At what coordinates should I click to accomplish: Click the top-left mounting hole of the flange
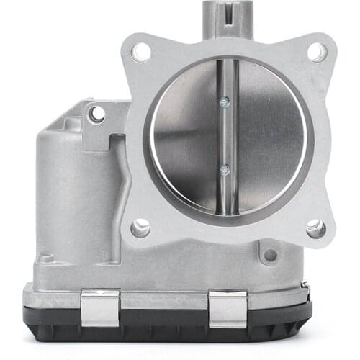tap(142, 52)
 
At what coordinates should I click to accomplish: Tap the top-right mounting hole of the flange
tap(316, 52)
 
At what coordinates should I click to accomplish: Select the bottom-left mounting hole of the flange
tap(141, 228)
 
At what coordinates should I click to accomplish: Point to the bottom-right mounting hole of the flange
tap(315, 229)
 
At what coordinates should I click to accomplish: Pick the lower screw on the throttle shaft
tap(225, 170)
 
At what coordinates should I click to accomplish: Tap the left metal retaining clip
tap(100, 307)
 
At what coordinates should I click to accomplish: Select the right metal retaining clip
tap(228, 308)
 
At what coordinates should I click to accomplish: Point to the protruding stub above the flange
tap(228, 18)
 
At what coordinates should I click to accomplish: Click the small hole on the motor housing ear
tap(96, 114)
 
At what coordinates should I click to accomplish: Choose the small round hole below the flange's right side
tap(270, 255)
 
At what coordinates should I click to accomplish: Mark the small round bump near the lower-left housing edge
tap(46, 258)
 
